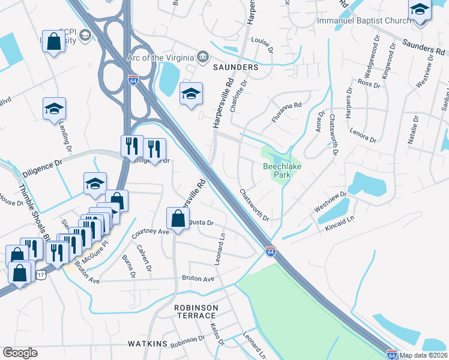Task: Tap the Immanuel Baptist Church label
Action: point(364,20)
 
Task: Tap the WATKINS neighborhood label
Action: point(146,344)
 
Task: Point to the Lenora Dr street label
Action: point(363,136)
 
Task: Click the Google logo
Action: point(20,353)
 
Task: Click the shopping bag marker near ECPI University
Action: point(54,42)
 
